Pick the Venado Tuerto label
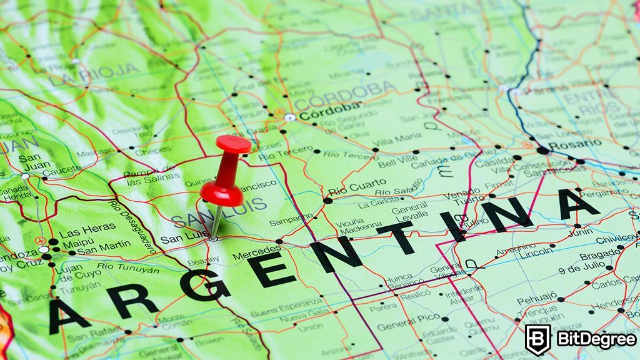(462, 196)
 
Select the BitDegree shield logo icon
(537, 339)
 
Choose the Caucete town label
(61, 170)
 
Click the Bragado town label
(599, 255)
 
